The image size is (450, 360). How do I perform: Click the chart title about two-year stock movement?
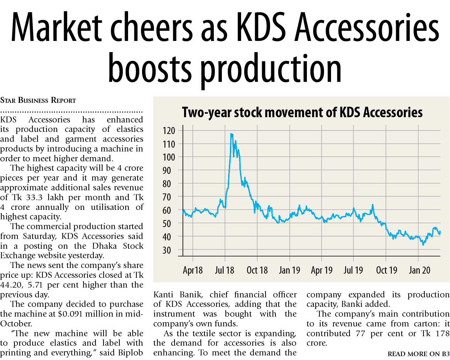tap(302, 113)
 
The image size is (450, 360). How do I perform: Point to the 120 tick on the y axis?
tap(169, 131)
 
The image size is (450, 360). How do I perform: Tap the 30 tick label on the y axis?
tap(167, 250)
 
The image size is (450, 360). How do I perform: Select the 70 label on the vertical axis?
tap(167, 197)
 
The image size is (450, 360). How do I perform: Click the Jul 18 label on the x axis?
tap(224, 270)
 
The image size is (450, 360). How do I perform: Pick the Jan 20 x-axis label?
tap(420, 270)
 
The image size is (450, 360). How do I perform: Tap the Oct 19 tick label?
tap(387, 270)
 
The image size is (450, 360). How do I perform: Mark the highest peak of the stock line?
tap(231, 134)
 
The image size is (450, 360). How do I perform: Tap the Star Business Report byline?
tap(38, 100)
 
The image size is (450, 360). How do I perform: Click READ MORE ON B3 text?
tap(419, 354)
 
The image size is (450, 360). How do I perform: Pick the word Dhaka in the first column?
tap(104, 246)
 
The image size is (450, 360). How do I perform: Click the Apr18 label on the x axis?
tap(193, 270)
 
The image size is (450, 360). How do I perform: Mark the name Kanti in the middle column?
tap(163, 295)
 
